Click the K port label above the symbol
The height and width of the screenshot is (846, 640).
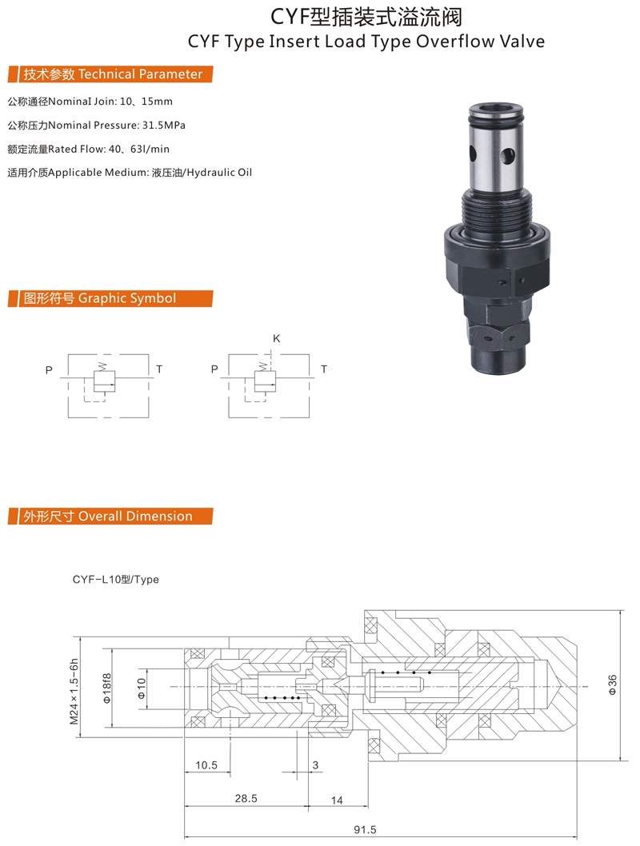(276, 338)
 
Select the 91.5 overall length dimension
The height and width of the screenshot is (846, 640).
(365, 830)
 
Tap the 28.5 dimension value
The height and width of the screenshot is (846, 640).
(246, 799)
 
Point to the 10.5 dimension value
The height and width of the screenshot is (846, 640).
(206, 765)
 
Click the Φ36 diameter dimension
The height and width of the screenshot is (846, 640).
(613, 684)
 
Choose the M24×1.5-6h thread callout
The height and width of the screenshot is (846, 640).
(74, 691)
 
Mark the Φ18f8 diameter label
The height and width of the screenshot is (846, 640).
(107, 688)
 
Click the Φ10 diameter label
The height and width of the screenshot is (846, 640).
(142, 688)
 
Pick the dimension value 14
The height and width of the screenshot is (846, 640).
(337, 800)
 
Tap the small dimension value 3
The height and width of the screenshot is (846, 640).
(316, 765)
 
